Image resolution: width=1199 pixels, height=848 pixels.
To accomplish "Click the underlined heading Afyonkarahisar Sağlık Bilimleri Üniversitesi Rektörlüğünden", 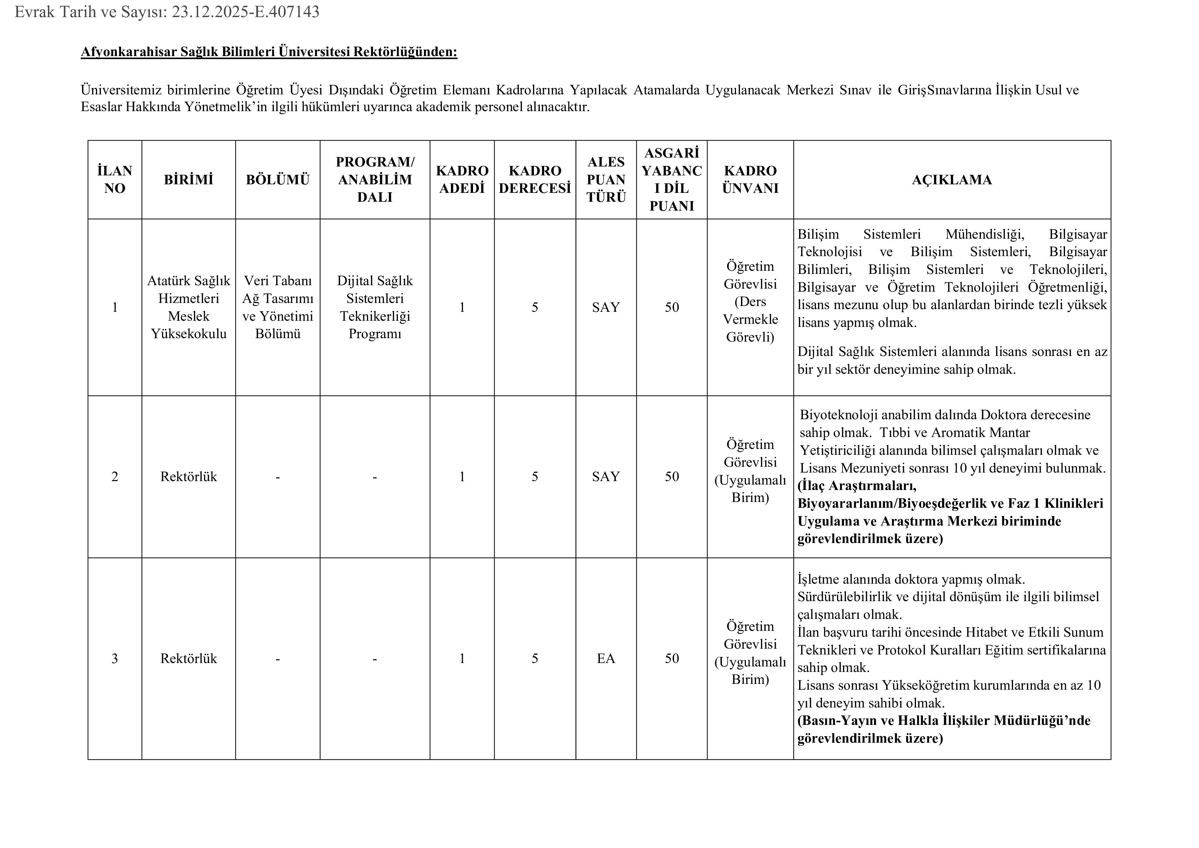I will pyautogui.click(x=269, y=52).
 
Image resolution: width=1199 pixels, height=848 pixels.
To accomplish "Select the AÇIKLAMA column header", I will pyautogui.click(x=952, y=180).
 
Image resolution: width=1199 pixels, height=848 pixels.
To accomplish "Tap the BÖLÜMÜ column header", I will pyautogui.click(x=278, y=180).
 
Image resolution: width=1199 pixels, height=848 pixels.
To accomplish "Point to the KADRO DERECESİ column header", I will pyautogui.click(x=535, y=180).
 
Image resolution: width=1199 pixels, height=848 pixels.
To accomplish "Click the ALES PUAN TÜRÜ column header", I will pyautogui.click(x=606, y=180).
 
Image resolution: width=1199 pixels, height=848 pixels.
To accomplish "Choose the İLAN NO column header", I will pyautogui.click(x=115, y=180).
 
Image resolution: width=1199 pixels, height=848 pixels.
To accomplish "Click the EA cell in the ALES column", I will pyautogui.click(x=606, y=658).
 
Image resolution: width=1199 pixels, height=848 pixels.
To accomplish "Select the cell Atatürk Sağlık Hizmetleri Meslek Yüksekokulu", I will pyautogui.click(x=189, y=307).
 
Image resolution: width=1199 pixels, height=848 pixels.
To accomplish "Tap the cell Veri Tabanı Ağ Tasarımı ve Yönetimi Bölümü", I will pyautogui.click(x=278, y=307).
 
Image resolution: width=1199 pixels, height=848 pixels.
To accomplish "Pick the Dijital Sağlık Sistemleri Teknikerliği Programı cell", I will pyautogui.click(x=375, y=307).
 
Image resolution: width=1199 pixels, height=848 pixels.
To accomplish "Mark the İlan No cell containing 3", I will pyautogui.click(x=115, y=658).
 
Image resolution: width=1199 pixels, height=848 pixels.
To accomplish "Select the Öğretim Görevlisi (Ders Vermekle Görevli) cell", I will pyautogui.click(x=750, y=302).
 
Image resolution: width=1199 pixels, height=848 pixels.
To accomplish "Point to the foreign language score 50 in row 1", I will pyautogui.click(x=672, y=307).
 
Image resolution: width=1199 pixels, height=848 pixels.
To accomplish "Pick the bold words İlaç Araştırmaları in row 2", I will pyautogui.click(x=857, y=486).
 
